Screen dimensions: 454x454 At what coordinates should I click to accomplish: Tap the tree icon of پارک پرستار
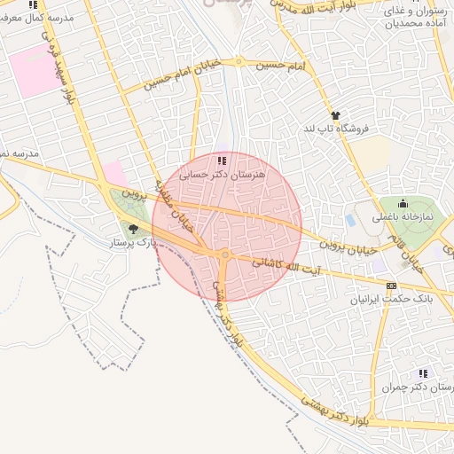point(134,230)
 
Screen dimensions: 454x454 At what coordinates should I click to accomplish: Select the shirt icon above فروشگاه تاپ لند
point(335,115)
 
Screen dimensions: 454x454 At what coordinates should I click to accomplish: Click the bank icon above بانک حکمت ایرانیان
point(391,286)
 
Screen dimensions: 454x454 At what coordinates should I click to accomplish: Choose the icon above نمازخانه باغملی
point(403,203)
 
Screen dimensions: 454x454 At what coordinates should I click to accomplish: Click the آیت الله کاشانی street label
point(280,264)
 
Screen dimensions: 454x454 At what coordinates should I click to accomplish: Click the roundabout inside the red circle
point(225,254)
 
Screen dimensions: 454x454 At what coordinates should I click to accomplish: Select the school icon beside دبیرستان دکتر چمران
point(423,373)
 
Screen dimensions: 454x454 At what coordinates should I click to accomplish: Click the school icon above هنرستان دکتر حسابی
point(221,160)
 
